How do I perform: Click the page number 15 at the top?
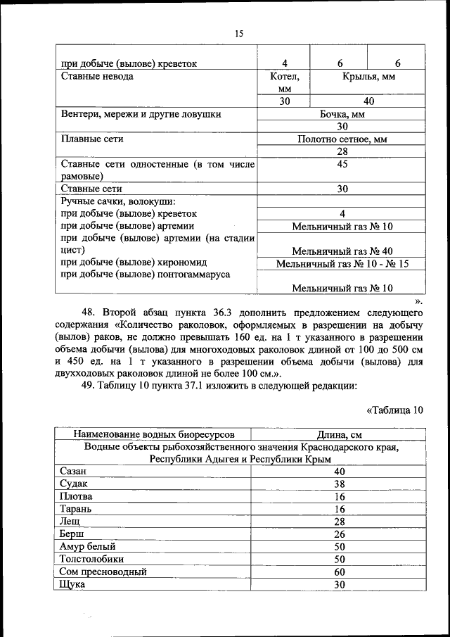(238, 33)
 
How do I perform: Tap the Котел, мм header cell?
(284, 82)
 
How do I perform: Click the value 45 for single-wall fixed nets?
(342, 164)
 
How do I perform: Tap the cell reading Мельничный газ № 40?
(342, 251)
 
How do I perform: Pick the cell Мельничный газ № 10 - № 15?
(342, 264)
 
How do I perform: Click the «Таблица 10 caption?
(395, 410)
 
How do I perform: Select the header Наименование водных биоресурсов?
(154, 434)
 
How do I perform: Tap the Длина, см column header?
(340, 434)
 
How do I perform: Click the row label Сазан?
(75, 471)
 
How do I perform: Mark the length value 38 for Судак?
(340, 484)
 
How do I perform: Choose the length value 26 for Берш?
(340, 534)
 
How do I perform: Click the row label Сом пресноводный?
(103, 572)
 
